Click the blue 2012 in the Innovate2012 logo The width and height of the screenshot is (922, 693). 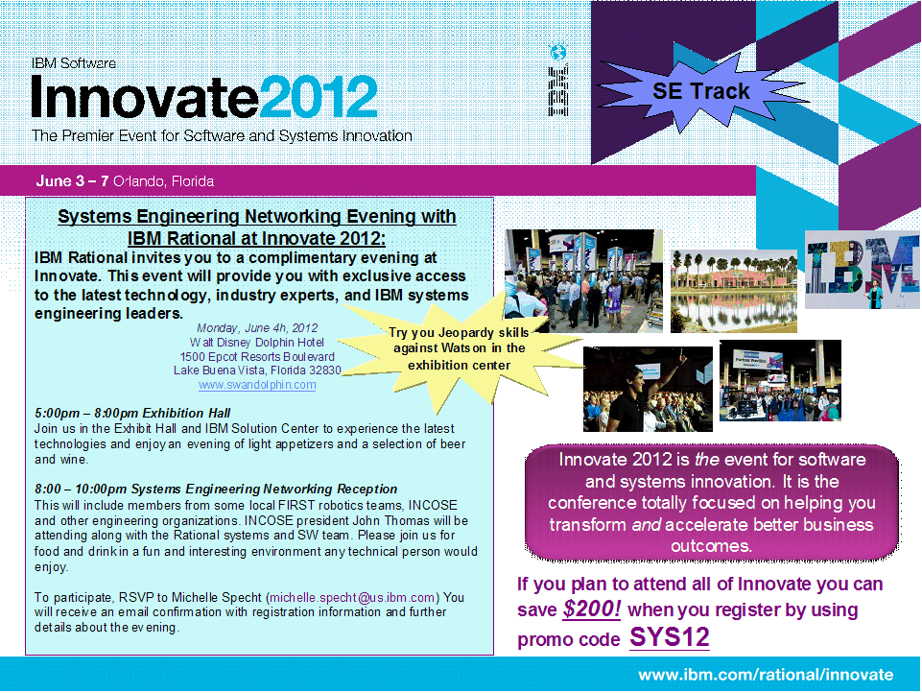coord(319,97)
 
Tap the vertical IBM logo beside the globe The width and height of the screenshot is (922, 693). coord(558,90)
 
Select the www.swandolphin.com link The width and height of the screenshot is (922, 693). coord(257,385)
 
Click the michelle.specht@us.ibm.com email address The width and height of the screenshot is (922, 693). coord(352,597)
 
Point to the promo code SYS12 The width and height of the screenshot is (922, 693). coord(669,637)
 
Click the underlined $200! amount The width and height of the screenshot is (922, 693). coord(592,609)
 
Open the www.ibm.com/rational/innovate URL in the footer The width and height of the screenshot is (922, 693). coord(766,674)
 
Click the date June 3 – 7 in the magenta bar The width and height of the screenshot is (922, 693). coord(72,180)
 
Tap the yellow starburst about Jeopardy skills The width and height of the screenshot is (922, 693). coord(460,348)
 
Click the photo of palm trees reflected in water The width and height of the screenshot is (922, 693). coord(734,291)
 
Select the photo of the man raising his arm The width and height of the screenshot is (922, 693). coord(648,389)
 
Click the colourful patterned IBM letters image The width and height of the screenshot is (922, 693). coord(862,270)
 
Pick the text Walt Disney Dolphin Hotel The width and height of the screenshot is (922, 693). coord(256,343)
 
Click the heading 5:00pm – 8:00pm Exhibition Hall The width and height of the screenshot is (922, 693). coord(132,413)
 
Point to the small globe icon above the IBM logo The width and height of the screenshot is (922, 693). coord(557,52)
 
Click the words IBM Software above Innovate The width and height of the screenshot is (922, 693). coord(74,63)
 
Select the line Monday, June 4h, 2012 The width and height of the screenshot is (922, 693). coord(257,328)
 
